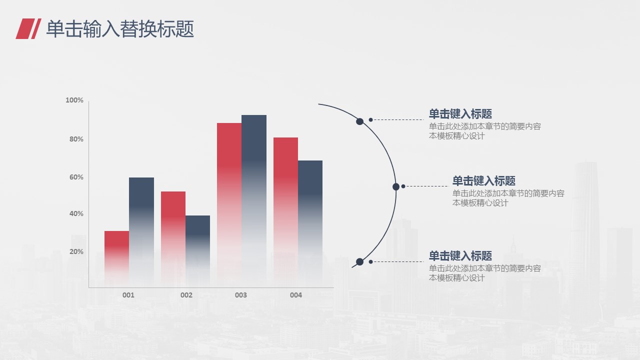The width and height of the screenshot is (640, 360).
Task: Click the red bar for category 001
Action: (x=116, y=259)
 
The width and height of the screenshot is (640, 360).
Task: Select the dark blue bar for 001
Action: (x=141, y=232)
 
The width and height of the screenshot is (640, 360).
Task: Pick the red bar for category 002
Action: (x=173, y=239)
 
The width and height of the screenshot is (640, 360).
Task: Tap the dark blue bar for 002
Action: (x=197, y=251)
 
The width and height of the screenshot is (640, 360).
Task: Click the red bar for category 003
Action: (x=229, y=205)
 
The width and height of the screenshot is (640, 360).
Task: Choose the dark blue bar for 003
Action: (x=254, y=201)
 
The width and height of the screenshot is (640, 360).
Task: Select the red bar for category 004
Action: (x=285, y=212)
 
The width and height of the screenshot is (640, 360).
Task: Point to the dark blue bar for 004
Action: (x=310, y=223)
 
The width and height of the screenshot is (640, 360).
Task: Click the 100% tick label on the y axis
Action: (x=74, y=100)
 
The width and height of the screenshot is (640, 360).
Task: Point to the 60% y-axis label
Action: (x=76, y=177)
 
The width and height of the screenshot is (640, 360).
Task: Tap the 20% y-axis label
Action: (x=76, y=251)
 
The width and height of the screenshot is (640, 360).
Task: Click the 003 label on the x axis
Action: (x=241, y=295)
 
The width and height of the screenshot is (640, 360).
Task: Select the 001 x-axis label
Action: (x=128, y=295)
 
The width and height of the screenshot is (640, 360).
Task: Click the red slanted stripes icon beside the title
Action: (x=28, y=28)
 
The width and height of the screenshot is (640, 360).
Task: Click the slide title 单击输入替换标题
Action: (x=120, y=29)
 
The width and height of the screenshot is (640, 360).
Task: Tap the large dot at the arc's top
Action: (x=359, y=121)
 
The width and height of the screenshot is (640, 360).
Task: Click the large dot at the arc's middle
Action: (x=396, y=187)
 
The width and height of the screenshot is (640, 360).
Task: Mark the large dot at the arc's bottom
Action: (x=359, y=261)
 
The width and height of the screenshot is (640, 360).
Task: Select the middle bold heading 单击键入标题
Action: (x=483, y=181)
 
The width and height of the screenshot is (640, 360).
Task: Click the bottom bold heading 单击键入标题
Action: (x=460, y=256)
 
